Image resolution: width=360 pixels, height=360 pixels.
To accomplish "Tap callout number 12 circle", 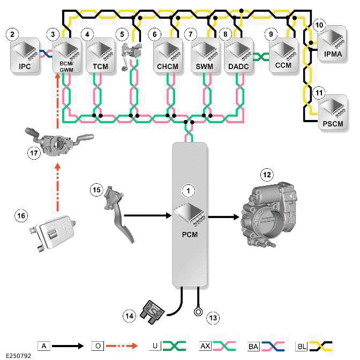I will point(266,174).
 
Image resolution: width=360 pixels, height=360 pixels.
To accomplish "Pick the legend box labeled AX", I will point(205,346).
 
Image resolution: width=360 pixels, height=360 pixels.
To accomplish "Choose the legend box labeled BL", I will point(302,346).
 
